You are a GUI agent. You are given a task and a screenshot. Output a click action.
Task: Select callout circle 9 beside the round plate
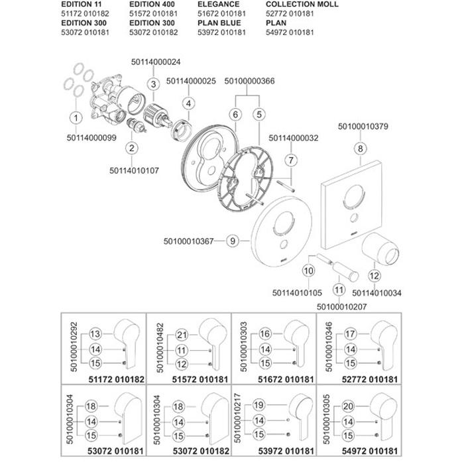pyautogui.click(x=232, y=241)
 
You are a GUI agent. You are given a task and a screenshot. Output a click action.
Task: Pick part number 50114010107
pyautogui.click(x=135, y=170)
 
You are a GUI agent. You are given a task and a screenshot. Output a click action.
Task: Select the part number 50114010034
pyautogui.click(x=377, y=292)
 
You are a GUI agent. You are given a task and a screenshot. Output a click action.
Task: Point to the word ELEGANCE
pyautogui.click(x=218, y=4)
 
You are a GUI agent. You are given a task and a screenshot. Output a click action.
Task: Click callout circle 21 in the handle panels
pyautogui.click(x=183, y=334)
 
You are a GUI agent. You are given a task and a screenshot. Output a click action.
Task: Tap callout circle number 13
pyautogui.click(x=95, y=334)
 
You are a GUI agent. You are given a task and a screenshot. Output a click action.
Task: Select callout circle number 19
pyautogui.click(x=259, y=405)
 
